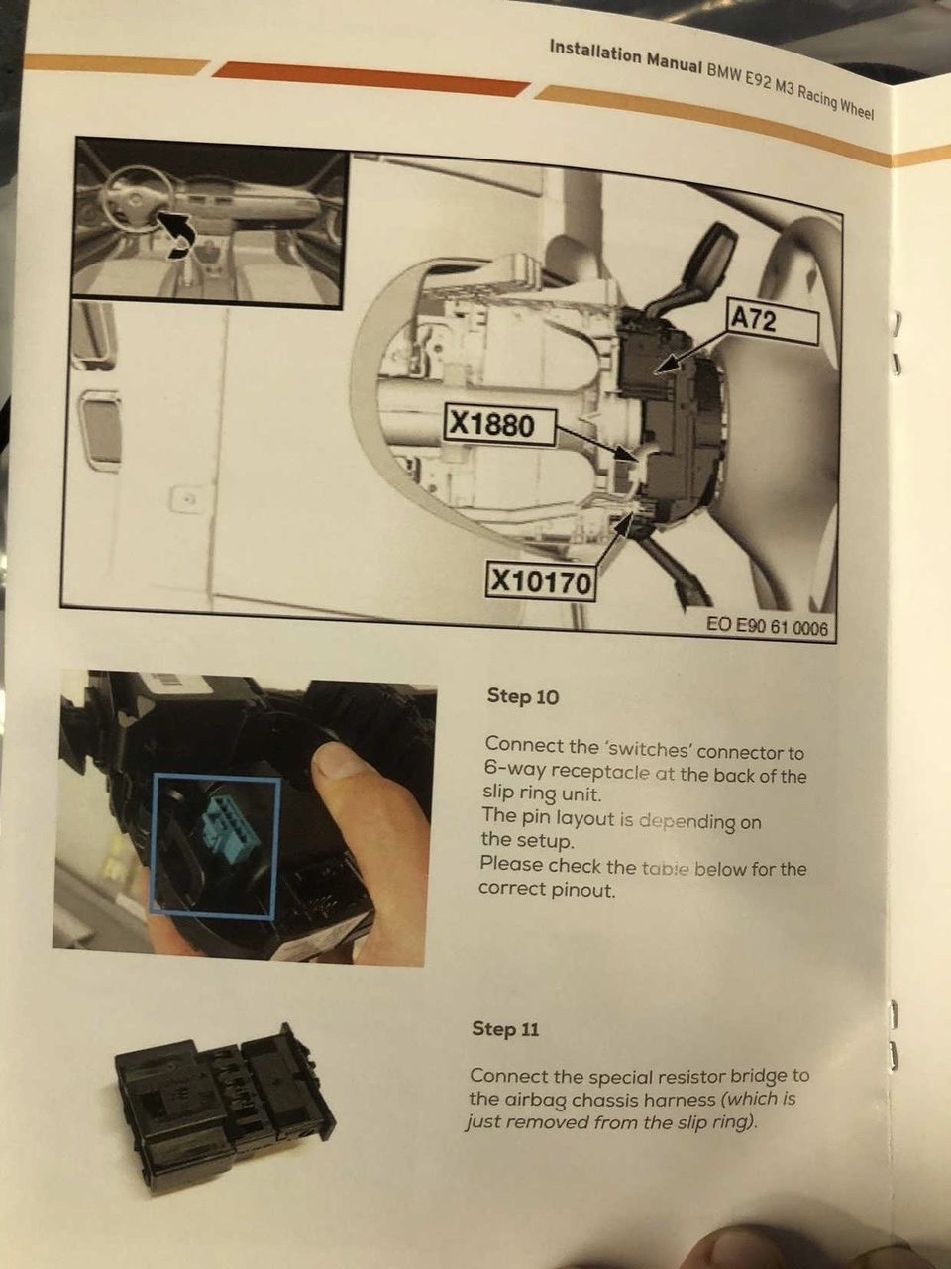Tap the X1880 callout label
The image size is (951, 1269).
pyautogui.click(x=498, y=426)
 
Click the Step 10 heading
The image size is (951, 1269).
pyautogui.click(x=523, y=697)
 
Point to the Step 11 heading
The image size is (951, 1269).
pyautogui.click(x=505, y=1029)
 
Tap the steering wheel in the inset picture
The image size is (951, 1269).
pyautogui.click(x=137, y=198)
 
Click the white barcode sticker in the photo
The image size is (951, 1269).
pyautogui.click(x=182, y=683)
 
